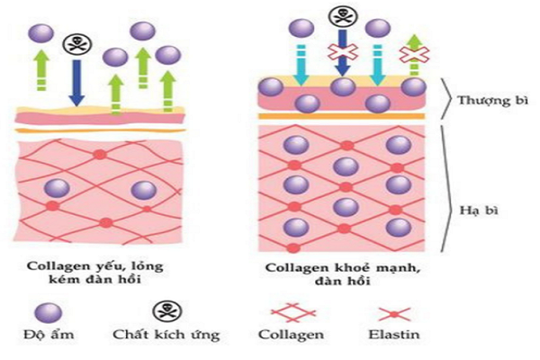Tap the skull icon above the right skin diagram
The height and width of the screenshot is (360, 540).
342,15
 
